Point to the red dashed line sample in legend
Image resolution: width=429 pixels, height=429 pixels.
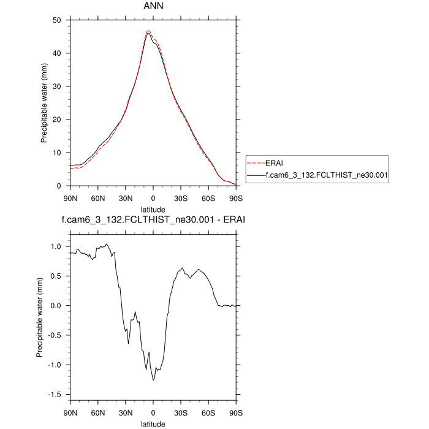click(x=255, y=164)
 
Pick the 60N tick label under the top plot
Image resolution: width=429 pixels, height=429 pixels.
click(x=98, y=198)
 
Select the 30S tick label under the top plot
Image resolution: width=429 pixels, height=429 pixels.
click(x=181, y=198)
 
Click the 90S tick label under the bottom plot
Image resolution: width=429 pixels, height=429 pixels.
click(x=236, y=411)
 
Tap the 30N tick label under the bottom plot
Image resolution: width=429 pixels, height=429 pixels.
click(x=126, y=411)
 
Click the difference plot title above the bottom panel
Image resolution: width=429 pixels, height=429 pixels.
click(x=153, y=219)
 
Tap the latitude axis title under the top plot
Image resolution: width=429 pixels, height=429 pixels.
click(x=153, y=210)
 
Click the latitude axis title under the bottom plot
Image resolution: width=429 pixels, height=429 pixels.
click(x=153, y=423)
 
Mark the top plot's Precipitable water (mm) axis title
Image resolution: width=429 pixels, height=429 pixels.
click(x=44, y=102)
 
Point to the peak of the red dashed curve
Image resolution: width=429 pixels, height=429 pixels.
click(x=148, y=30)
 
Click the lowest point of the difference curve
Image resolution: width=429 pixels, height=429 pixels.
click(x=153, y=380)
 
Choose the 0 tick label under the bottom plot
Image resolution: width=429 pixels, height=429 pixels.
click(x=153, y=411)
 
